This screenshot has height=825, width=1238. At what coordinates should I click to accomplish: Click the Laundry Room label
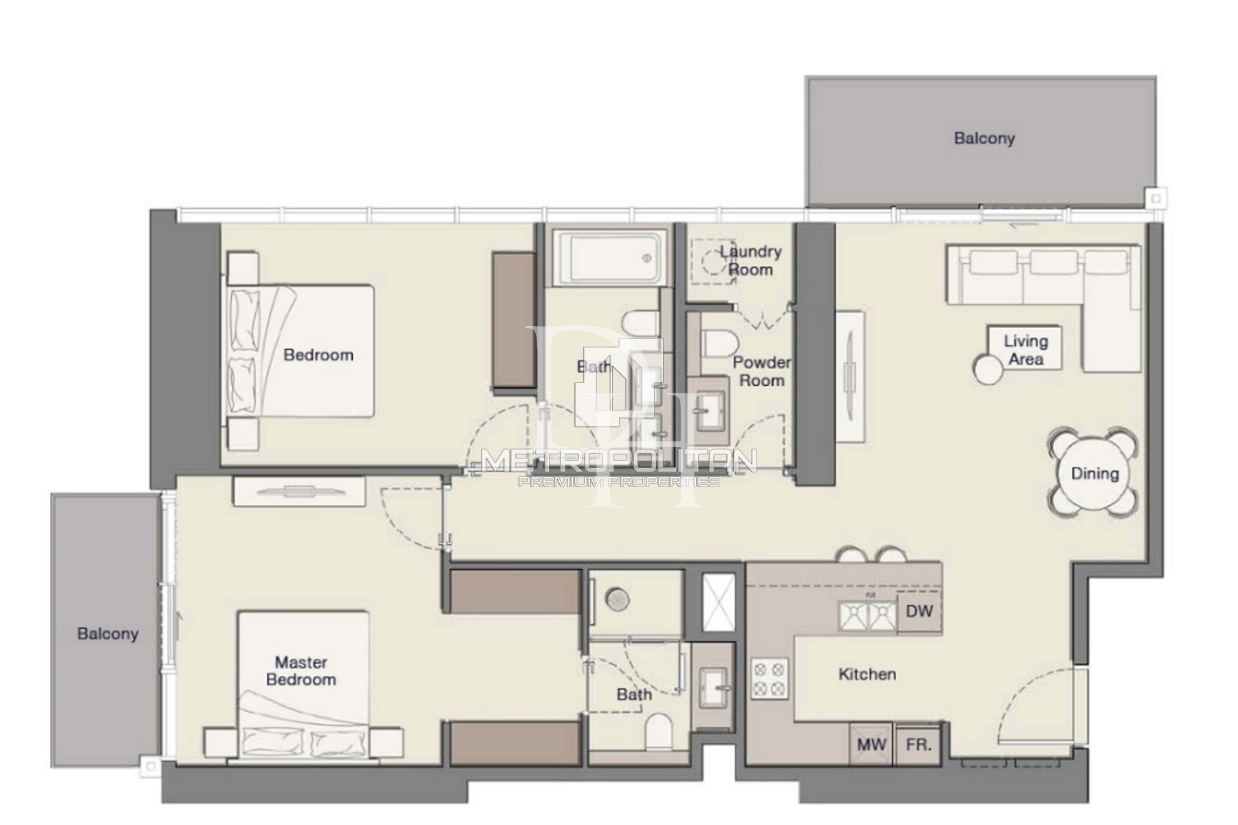tap(750, 261)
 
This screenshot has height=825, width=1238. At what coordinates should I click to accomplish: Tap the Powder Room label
tap(761, 371)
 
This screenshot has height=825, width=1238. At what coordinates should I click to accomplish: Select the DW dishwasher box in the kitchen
tap(920, 610)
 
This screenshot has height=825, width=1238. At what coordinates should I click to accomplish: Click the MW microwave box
tap(871, 745)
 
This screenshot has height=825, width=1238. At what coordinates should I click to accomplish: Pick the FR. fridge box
tap(918, 745)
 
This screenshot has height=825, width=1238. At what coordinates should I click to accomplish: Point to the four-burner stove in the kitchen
tap(770, 679)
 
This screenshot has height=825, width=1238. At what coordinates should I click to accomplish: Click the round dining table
tap(1094, 473)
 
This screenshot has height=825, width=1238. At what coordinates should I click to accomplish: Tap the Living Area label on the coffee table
tap(1025, 350)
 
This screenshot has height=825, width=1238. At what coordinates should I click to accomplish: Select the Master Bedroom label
tap(301, 671)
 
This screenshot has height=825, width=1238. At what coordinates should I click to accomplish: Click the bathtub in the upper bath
tap(609, 258)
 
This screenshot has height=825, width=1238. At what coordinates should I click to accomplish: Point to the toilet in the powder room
tap(719, 342)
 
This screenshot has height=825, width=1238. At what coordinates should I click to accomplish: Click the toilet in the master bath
tap(659, 731)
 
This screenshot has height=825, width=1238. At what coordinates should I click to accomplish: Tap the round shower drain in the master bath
tap(618, 599)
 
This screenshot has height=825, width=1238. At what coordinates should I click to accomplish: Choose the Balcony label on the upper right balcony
tap(984, 138)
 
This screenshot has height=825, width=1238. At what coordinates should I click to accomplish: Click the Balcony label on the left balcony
tap(108, 634)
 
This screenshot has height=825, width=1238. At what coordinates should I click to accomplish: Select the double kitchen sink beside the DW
tap(867, 615)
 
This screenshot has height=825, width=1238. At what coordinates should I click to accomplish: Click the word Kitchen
tap(867, 674)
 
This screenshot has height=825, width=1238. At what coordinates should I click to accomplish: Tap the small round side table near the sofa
tap(988, 369)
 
